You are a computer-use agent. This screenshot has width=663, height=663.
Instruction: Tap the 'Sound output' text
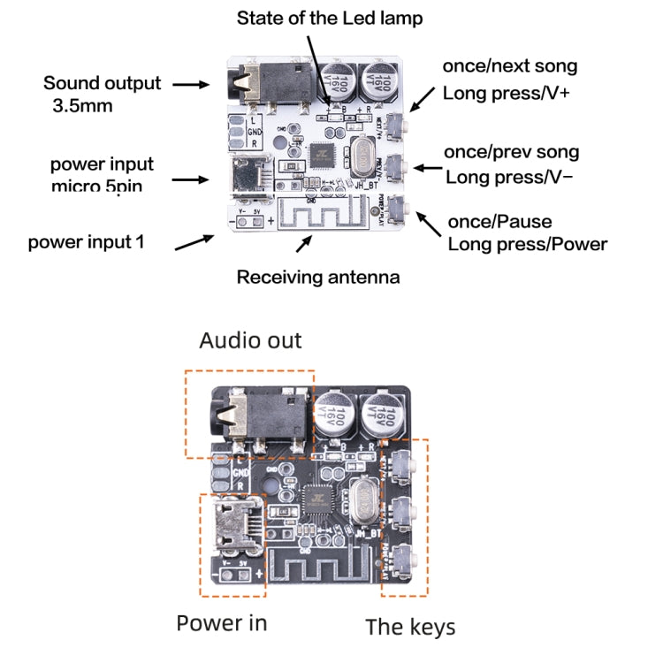click(102, 84)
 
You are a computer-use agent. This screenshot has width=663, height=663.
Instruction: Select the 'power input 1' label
click(86, 241)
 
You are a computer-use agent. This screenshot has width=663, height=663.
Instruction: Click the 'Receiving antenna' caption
click(317, 278)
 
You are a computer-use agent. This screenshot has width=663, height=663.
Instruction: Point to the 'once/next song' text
click(509, 66)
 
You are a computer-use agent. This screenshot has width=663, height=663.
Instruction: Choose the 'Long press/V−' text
click(508, 177)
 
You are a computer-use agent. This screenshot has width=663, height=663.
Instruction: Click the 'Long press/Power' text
click(527, 244)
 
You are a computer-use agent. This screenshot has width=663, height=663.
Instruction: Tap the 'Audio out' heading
click(250, 340)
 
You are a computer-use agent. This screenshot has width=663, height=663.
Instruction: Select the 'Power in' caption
click(221, 622)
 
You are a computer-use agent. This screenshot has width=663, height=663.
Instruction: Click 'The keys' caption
click(410, 627)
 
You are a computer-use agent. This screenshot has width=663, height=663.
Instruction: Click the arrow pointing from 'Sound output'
click(189, 85)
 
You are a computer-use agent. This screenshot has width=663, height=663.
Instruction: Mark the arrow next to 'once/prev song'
click(429, 166)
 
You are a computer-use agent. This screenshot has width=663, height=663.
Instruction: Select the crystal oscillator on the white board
click(361, 159)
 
